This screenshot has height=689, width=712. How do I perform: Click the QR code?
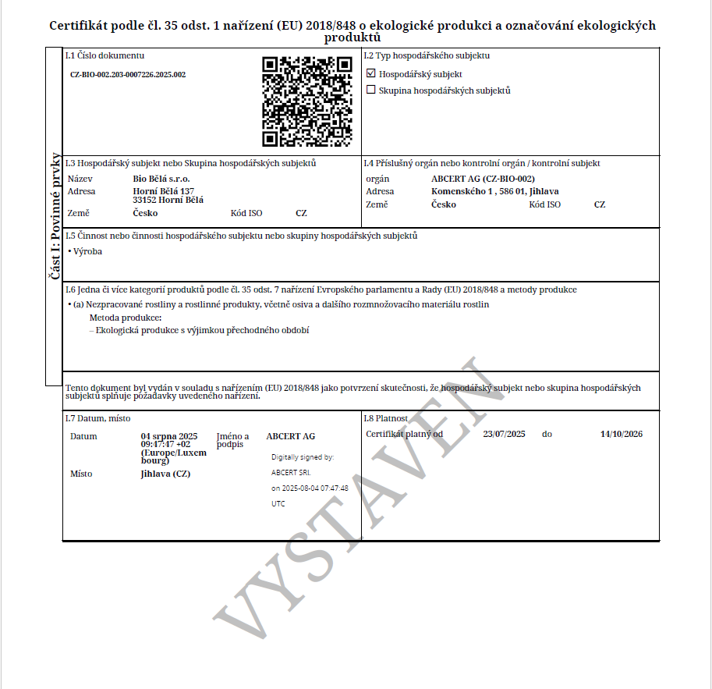(306, 101)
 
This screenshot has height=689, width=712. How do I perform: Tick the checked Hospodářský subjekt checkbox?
(371, 74)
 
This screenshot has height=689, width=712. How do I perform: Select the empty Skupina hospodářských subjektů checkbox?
(371, 91)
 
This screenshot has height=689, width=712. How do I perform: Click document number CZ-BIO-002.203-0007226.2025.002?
(128, 75)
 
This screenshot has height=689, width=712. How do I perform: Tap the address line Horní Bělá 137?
(164, 191)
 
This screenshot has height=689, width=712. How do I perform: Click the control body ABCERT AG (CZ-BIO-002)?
(483, 179)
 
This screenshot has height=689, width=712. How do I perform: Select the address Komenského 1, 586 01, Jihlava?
(495, 191)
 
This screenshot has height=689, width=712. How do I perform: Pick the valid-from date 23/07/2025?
(505, 434)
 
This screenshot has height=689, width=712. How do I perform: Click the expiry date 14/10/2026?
(622, 434)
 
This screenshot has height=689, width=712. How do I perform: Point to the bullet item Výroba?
(87, 251)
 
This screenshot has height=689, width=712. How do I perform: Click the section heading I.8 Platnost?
(386, 418)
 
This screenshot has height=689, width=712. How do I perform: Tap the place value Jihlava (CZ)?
(165, 474)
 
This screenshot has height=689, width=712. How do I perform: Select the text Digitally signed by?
(303, 457)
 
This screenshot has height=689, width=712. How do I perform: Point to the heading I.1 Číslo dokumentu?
(104, 55)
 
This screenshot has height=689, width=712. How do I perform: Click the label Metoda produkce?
(126, 318)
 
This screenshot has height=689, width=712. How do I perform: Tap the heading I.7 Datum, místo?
(97, 418)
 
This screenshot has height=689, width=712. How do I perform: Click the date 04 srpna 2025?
(169, 436)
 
